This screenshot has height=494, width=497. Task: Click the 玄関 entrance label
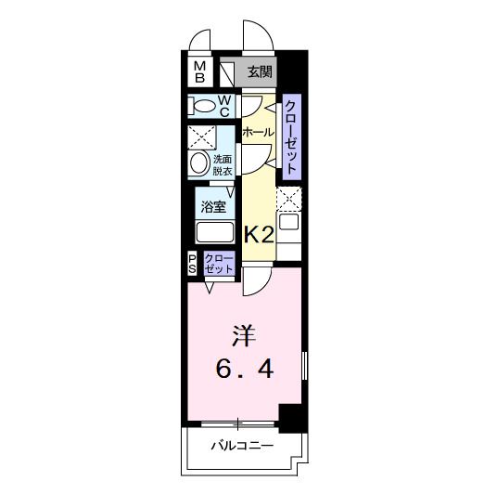click(260, 71)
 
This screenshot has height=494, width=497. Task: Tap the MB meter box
click(199, 71)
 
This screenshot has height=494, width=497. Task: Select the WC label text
click(225, 105)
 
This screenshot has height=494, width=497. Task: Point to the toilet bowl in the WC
click(202, 106)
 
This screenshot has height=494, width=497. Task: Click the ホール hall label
click(257, 133)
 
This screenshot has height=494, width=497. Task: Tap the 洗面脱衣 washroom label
click(223, 164)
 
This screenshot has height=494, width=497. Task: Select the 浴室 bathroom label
click(213, 205)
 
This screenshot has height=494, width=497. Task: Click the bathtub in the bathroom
click(213, 233)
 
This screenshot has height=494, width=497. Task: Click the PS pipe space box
click(193, 264)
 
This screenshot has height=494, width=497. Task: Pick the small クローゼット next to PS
click(219, 264)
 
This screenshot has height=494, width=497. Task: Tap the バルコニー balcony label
click(241, 447)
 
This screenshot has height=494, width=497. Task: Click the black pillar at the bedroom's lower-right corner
click(292, 418)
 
